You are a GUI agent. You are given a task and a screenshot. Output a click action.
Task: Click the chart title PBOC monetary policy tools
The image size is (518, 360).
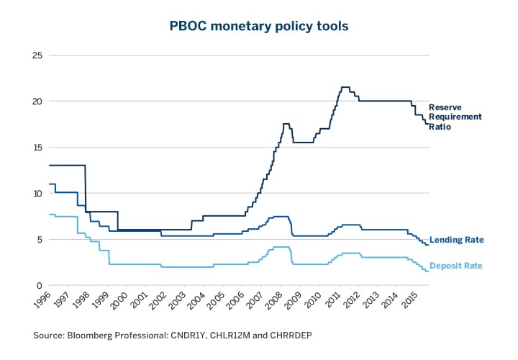point(258,25)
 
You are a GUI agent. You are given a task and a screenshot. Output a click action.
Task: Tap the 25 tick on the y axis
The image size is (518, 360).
point(37,55)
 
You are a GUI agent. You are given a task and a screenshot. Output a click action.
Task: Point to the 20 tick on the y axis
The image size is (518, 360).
point(37,102)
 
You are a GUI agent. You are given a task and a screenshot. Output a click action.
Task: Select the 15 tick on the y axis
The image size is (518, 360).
point(37,148)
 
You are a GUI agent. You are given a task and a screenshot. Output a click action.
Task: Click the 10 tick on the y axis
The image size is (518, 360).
point(37,194)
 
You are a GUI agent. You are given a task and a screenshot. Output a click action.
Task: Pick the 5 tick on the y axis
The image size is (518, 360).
point(39,240)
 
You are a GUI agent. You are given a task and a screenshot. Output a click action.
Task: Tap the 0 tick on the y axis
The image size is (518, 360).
point(39,286)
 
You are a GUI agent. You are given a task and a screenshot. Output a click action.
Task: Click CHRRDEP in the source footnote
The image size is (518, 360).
point(290,336)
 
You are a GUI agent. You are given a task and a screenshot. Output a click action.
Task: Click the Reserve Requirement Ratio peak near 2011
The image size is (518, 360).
point(345,87)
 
